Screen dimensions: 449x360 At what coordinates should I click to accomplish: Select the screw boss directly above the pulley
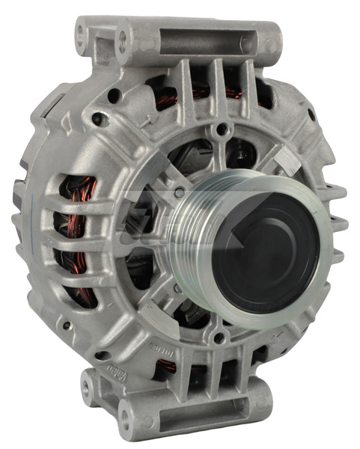point(218,132)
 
